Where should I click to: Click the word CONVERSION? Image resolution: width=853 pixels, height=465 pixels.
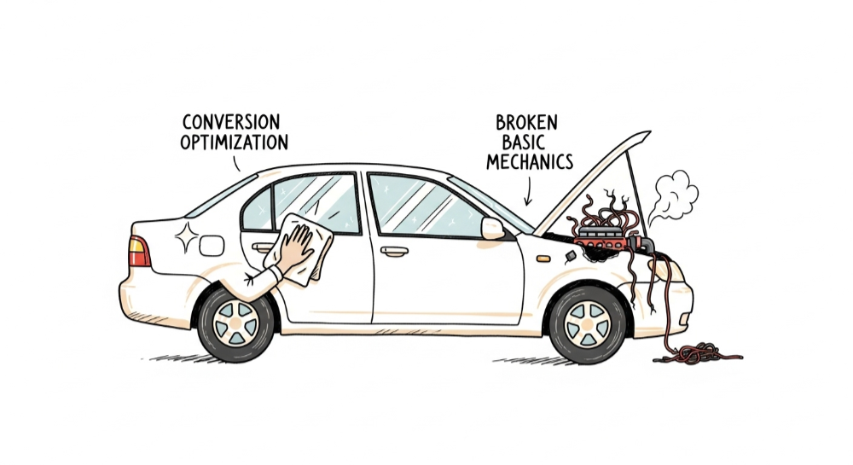[x=231, y=123]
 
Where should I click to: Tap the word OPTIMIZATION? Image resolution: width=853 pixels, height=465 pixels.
[x=234, y=142]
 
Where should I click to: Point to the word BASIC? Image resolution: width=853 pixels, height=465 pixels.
[x=521, y=142]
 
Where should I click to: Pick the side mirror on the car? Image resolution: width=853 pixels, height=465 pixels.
[x=492, y=228]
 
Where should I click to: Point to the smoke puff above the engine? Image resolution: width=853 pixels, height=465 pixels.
[x=676, y=195]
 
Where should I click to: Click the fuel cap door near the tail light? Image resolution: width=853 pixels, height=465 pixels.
[x=212, y=246]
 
